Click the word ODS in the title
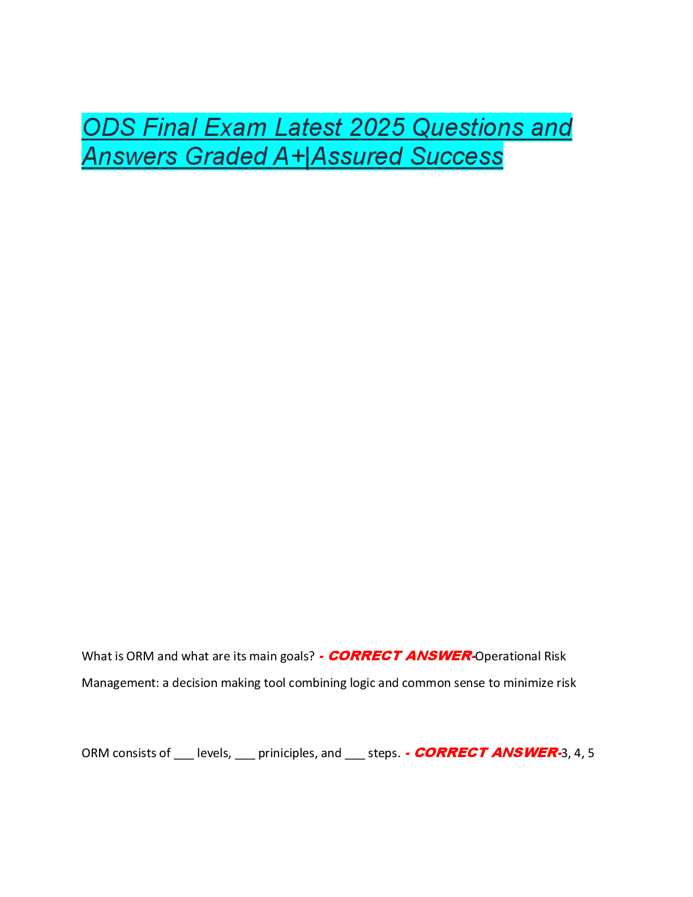(x=109, y=127)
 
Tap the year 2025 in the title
(x=377, y=127)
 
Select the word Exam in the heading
(x=235, y=127)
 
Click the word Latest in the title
(x=308, y=127)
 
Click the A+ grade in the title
(x=289, y=156)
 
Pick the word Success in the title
(x=456, y=156)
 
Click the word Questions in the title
(x=467, y=127)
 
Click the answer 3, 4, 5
(x=577, y=753)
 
